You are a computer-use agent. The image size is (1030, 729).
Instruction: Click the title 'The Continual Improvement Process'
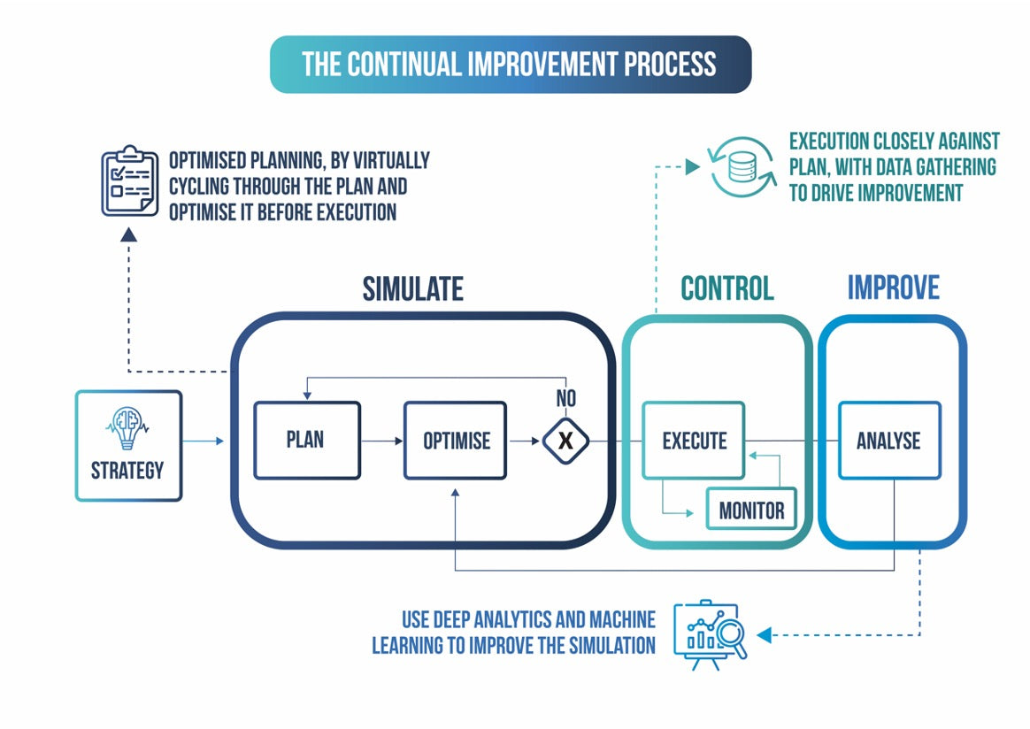(x=510, y=65)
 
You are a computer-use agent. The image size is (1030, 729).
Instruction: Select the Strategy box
(x=128, y=446)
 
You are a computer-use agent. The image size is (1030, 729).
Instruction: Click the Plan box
(x=306, y=441)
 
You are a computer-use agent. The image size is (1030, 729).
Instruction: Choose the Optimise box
(x=456, y=441)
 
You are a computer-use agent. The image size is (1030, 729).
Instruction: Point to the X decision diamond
(x=565, y=440)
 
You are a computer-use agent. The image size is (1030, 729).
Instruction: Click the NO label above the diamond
(x=565, y=399)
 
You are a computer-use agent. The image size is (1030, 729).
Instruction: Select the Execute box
(x=694, y=440)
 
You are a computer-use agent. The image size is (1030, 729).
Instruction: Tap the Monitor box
(x=751, y=510)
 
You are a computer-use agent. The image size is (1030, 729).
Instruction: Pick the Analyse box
(x=888, y=441)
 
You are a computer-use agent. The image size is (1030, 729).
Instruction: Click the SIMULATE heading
(x=412, y=288)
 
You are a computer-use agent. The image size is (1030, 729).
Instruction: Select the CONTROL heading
(x=726, y=288)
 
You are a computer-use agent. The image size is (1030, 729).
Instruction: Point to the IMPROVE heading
(x=893, y=288)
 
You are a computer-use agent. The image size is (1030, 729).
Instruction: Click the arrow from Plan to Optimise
(x=381, y=440)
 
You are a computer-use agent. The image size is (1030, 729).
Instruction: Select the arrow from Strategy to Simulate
(x=205, y=440)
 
